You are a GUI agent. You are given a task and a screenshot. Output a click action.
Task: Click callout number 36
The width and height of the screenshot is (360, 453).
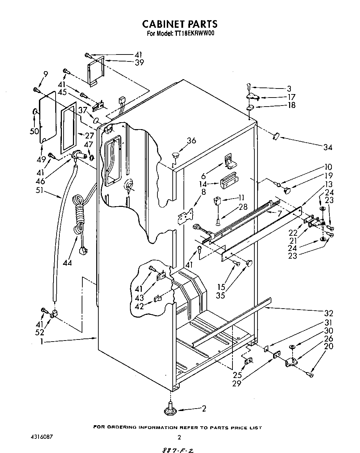pos(191,141)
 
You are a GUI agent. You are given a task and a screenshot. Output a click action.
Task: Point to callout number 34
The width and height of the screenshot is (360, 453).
pos(327,148)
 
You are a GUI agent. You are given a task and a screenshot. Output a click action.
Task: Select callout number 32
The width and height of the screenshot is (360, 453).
pos(329,313)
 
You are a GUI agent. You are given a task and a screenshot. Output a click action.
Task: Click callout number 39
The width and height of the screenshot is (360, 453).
pos(139,62)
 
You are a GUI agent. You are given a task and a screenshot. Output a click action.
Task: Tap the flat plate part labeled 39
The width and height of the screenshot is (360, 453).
pos(95,71)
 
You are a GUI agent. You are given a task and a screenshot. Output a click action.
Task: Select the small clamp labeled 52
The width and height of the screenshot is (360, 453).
pos(53,314)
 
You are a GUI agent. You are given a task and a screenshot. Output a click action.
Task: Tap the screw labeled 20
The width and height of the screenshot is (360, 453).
pos(309,374)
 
